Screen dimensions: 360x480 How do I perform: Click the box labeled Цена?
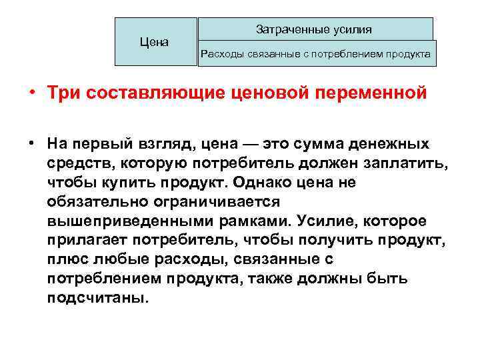155,42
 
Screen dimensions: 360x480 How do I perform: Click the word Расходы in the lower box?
223,54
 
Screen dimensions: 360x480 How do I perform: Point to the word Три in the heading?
64,93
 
